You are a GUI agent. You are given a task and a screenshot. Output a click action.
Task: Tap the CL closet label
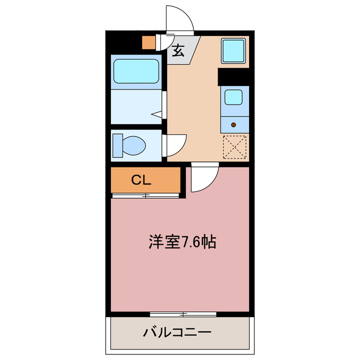pyautogui.click(x=141, y=180)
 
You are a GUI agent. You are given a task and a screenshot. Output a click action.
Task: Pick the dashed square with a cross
pyautogui.click(x=235, y=148)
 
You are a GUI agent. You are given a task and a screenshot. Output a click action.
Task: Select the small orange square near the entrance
pyautogui.click(x=148, y=42)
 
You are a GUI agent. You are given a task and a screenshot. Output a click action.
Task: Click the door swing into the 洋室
pyautogui.click(x=202, y=179)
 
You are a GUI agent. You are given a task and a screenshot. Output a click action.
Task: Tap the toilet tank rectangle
pyautogui.click(x=117, y=145)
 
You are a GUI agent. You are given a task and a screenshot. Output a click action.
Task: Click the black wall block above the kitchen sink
pyautogui.click(x=233, y=75)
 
